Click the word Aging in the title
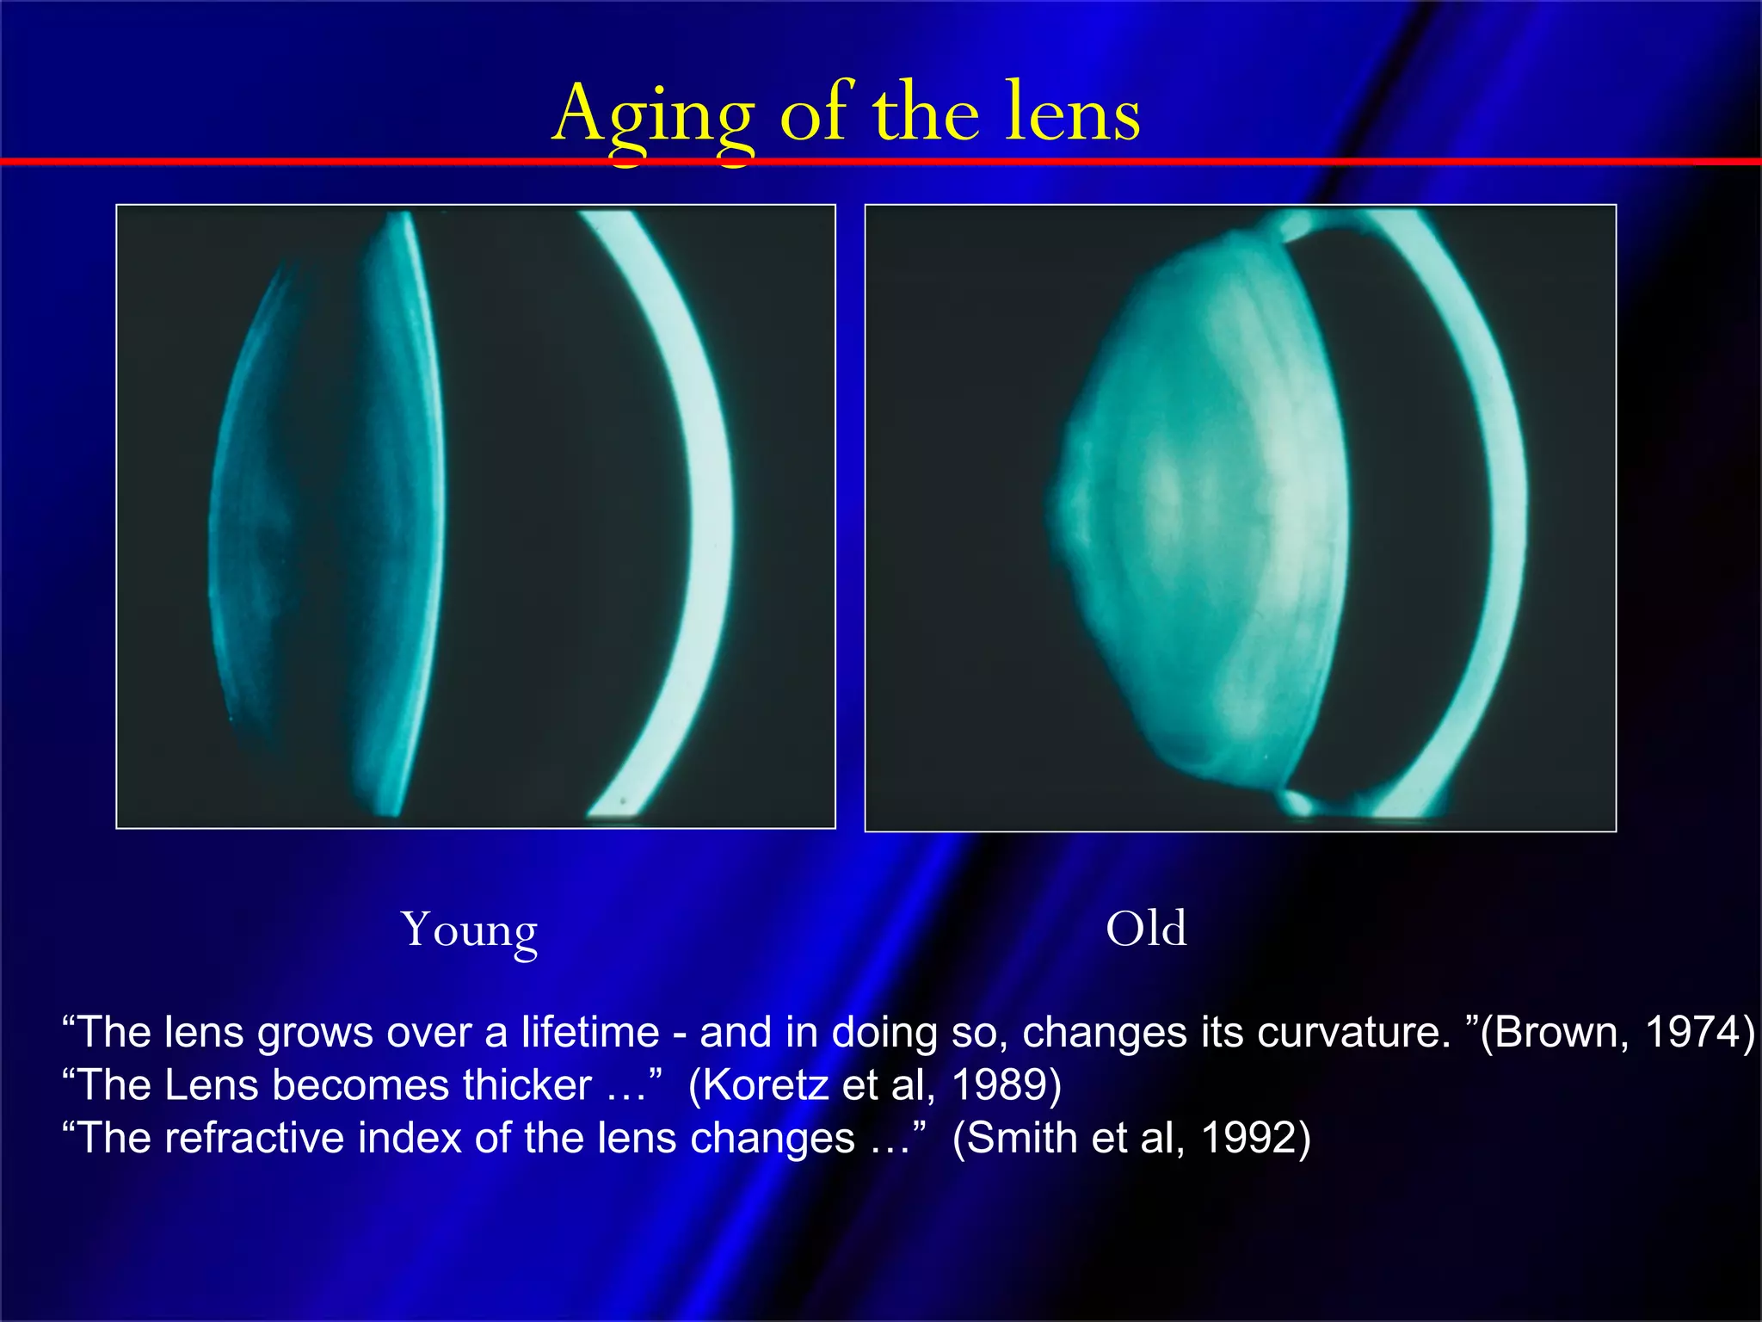point(652,116)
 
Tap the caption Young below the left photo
point(469,930)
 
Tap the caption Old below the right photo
point(1146,929)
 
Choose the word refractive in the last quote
point(255,1138)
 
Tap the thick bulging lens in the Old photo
point(1204,516)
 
